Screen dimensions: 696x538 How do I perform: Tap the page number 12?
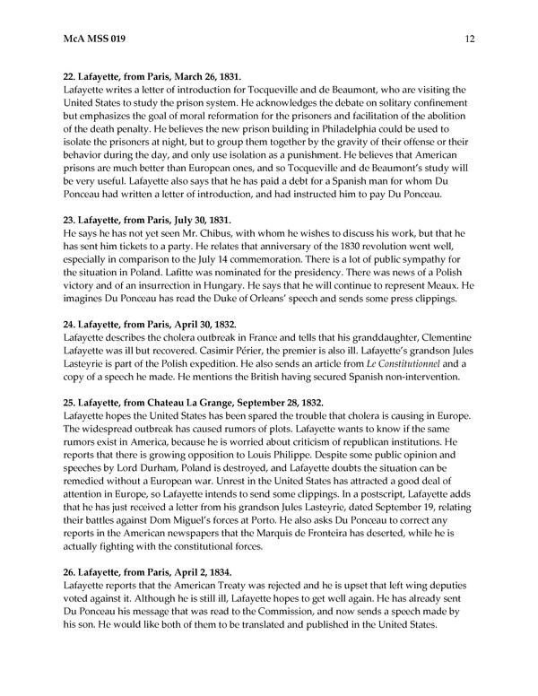469,39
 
